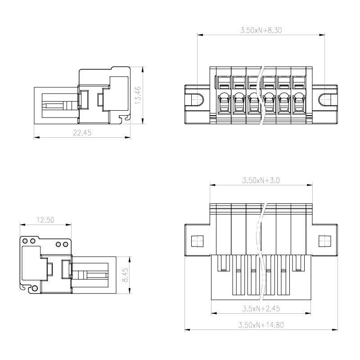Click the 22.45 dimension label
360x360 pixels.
(82, 133)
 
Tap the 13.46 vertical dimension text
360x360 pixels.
(138, 95)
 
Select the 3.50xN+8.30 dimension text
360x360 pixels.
(261, 30)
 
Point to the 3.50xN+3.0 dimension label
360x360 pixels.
(261, 180)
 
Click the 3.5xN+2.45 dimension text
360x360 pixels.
(261, 308)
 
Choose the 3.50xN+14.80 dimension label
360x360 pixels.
(261, 325)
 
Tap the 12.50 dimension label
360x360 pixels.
(45, 220)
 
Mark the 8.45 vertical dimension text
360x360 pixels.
(125, 275)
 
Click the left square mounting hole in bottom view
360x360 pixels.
(197, 241)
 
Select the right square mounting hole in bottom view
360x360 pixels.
(325, 241)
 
